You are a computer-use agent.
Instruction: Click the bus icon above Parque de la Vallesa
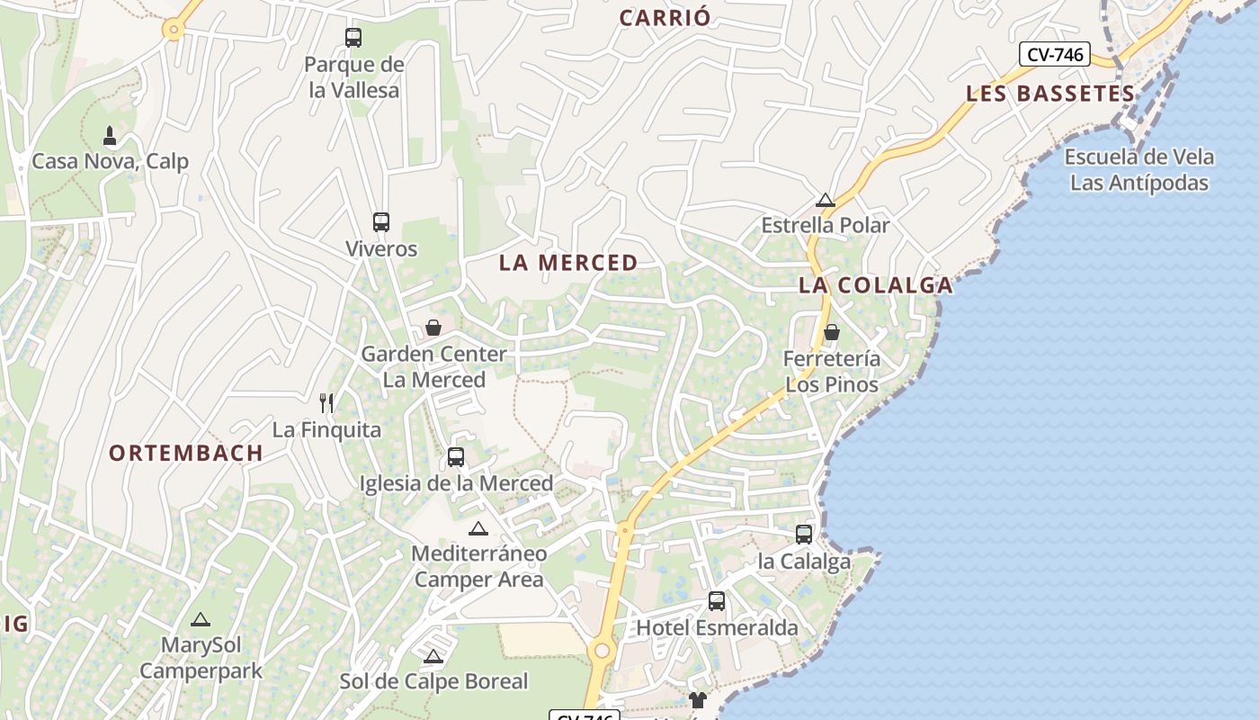(x=353, y=38)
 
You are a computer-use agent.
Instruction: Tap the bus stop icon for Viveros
(x=381, y=222)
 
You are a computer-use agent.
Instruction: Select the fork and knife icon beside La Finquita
(x=326, y=403)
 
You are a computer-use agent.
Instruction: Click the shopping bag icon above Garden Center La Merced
(x=433, y=328)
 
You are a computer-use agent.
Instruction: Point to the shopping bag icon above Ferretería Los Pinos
(x=832, y=332)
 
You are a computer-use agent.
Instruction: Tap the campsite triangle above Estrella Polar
(x=826, y=200)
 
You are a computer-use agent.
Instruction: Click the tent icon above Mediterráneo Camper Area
(x=478, y=528)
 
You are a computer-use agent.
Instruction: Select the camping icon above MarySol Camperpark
(x=200, y=619)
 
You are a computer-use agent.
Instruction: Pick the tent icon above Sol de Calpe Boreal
(x=433, y=656)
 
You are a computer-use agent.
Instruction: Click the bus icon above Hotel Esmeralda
(x=717, y=601)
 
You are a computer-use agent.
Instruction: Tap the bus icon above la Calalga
(x=804, y=535)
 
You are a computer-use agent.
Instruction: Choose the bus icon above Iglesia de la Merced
(x=456, y=457)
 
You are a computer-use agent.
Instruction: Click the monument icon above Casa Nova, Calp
(x=110, y=136)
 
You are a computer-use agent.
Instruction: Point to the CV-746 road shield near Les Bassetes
(x=1055, y=55)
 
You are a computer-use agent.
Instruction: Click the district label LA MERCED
(x=568, y=263)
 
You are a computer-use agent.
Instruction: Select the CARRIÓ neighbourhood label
(x=665, y=17)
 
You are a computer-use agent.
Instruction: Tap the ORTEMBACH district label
(x=186, y=453)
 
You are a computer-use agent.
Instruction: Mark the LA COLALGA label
(x=876, y=285)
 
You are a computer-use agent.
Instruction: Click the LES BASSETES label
(x=1050, y=94)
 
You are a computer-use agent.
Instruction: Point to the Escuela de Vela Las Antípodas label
(x=1139, y=170)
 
